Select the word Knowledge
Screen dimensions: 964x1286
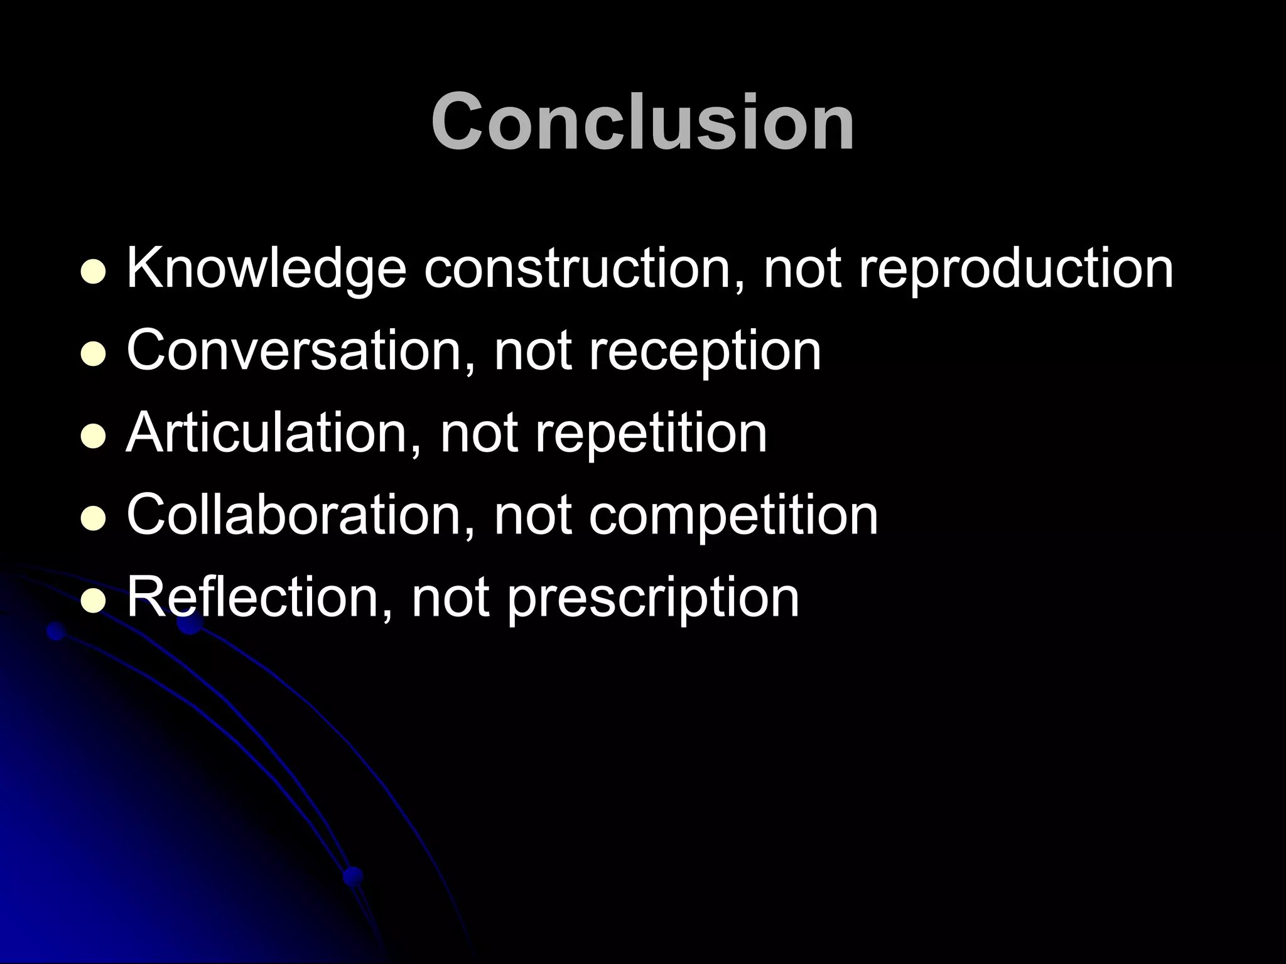[266, 269]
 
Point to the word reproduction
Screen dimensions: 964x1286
[1015, 269]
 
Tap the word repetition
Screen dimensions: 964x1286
[651, 434]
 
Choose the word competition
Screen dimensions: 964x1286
[733, 516]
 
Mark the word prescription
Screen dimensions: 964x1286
[653, 598]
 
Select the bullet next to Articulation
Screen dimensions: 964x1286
[93, 437]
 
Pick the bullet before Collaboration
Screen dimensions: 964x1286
[93, 520]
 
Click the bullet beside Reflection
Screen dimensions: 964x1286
[93, 602]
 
